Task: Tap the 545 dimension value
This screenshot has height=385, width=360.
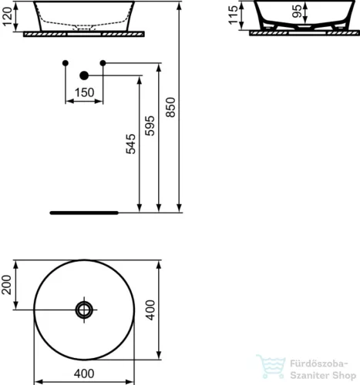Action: click(131, 146)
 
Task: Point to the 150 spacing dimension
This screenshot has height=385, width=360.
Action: click(84, 92)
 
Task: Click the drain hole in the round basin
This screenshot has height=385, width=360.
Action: click(84, 310)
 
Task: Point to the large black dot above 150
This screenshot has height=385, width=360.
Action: click(85, 75)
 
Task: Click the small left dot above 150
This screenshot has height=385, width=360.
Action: click(66, 62)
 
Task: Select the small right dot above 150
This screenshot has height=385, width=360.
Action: click(103, 62)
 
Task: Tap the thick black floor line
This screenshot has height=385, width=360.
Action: click(82, 210)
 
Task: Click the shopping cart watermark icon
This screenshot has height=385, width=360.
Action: click(271, 367)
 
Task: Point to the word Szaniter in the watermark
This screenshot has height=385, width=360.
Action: click(309, 371)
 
